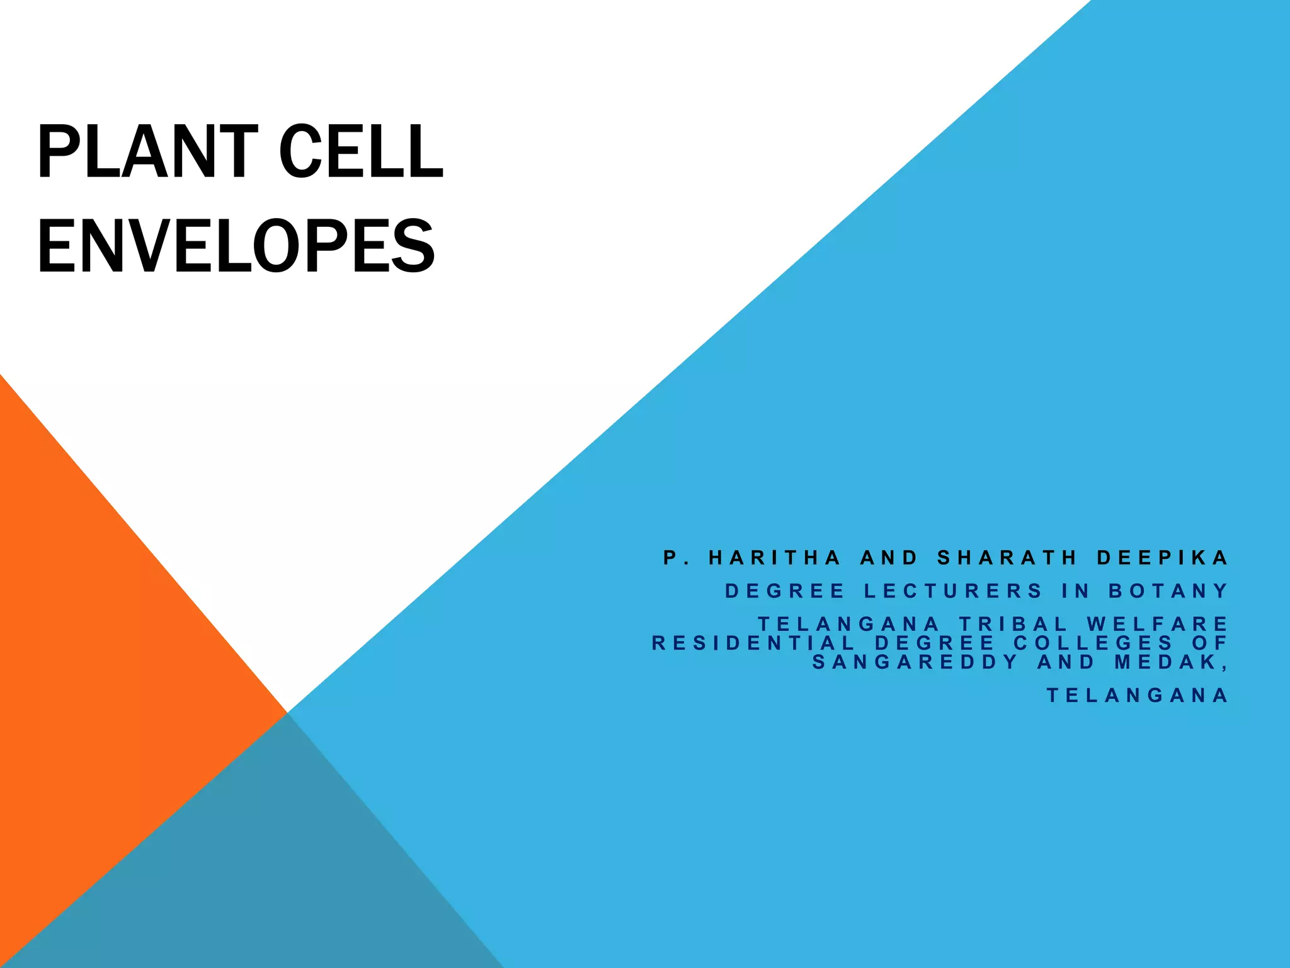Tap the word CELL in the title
point(361,152)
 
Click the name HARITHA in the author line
point(775,558)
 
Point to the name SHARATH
point(1007,558)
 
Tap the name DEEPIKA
point(1162,558)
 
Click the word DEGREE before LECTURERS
point(785,591)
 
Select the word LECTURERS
point(954,591)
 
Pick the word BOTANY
point(1168,591)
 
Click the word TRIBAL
point(1013,624)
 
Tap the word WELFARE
point(1157,624)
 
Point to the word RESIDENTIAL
point(753,643)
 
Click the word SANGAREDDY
point(915,662)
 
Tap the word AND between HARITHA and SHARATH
point(889,558)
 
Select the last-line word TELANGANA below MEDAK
point(1138,695)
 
